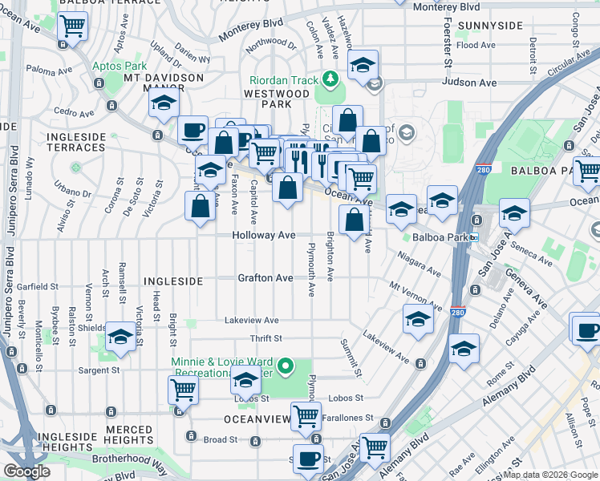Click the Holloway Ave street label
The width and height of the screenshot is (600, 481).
click(x=264, y=236)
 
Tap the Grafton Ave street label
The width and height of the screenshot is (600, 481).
click(x=265, y=278)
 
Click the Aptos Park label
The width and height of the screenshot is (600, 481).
click(x=120, y=66)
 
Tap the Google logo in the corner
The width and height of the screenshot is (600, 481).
click(x=27, y=471)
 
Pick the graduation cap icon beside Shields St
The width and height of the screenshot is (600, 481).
click(x=121, y=338)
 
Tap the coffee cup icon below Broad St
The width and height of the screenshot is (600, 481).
click(x=308, y=459)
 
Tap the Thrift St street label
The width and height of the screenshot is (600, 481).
click(x=264, y=339)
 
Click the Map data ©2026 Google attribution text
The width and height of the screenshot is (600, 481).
click(x=549, y=475)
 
